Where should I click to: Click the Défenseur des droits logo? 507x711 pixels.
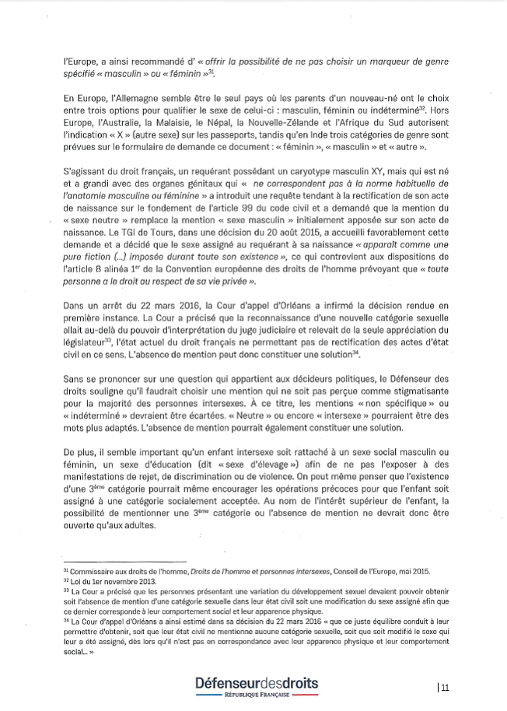tap(257, 683)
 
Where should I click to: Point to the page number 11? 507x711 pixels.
tap(445, 686)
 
